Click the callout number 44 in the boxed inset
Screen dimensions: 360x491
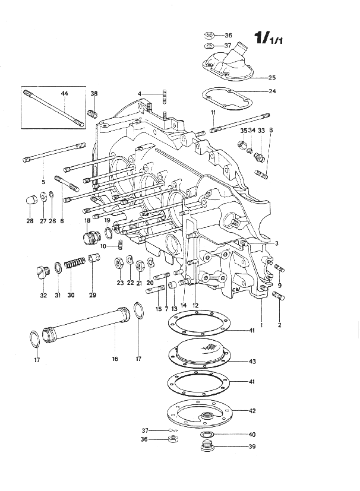64,93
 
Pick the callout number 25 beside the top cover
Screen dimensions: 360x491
272,77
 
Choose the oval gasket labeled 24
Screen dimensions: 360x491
227,99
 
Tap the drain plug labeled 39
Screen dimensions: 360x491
206,446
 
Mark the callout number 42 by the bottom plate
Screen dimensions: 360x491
252,411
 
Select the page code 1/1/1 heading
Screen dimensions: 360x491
269,38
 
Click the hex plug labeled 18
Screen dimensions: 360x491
90,237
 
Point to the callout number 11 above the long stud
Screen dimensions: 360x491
213,112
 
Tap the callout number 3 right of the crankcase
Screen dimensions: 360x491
276,243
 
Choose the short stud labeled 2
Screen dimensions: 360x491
279,295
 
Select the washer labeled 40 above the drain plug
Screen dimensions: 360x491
207,435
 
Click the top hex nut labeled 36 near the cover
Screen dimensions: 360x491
209,35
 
